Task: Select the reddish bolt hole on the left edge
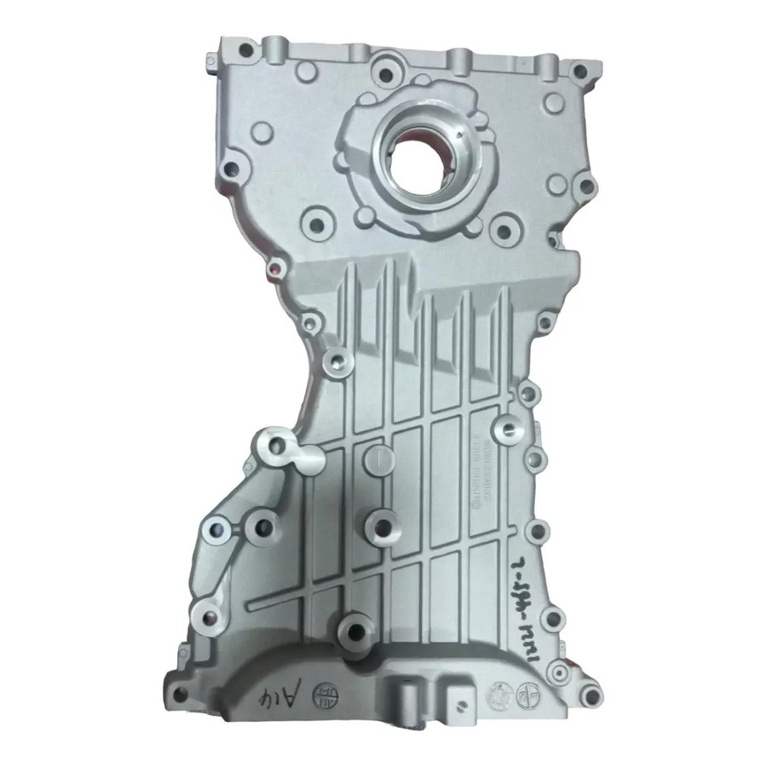274,270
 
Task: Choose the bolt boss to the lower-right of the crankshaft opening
504,226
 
